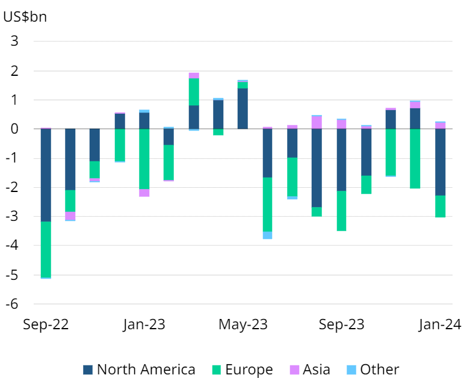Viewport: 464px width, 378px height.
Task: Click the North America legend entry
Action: point(139,370)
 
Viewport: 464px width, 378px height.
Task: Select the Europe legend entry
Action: point(242,370)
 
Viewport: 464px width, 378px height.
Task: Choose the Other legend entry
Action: point(373,370)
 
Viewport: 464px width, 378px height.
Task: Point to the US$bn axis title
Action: point(25,16)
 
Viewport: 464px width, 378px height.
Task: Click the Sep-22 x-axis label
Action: point(46,325)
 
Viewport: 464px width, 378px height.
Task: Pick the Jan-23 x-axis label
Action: point(144,325)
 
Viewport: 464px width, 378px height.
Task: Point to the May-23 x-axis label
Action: point(243,325)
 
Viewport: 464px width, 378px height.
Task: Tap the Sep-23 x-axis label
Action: point(341,325)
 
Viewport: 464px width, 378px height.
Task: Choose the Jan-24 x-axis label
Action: point(440,325)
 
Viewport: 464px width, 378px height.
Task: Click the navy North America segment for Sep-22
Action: point(46,175)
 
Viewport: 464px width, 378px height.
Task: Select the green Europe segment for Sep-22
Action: point(46,249)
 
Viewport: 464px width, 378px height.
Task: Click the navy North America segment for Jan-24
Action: point(440,162)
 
